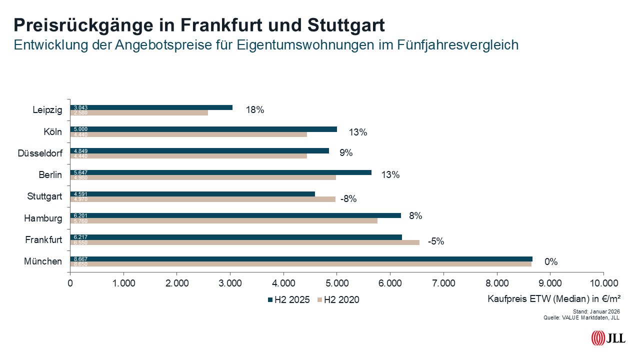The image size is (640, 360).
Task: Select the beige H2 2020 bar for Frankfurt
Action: pos(245,242)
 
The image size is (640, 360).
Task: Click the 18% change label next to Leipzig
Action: pos(254,110)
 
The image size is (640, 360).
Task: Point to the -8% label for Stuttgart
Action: pos(348,199)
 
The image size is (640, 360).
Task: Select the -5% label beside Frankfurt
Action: pos(435,241)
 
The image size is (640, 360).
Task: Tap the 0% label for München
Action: pos(551,262)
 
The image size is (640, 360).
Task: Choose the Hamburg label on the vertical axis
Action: pos(43,218)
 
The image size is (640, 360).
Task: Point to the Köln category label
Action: pos(52,132)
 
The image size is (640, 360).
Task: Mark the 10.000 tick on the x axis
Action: pos(603,283)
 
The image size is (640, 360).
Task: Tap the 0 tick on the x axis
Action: pos(70,283)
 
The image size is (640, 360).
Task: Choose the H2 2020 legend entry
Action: pos(338,300)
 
